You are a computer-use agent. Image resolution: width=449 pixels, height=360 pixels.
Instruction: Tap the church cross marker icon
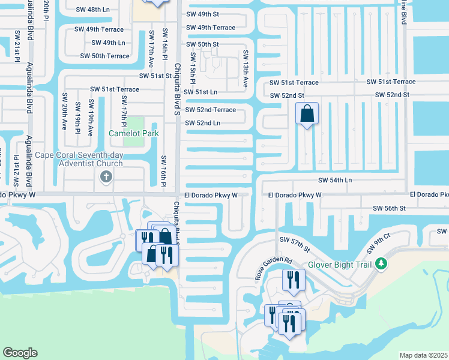point(106,176)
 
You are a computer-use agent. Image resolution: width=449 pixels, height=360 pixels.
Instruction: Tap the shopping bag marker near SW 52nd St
point(307,113)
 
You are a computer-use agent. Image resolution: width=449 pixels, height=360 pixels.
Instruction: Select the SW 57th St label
point(294,244)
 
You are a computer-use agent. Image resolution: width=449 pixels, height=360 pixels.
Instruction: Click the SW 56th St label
point(390,208)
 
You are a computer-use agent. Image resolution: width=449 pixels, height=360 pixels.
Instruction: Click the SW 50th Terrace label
point(105,56)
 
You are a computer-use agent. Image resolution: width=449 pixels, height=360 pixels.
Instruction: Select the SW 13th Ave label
point(246,68)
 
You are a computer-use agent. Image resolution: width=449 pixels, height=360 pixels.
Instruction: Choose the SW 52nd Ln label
point(202,123)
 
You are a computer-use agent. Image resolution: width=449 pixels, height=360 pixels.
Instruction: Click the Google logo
point(20,353)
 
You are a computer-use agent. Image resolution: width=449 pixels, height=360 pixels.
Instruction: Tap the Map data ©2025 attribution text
point(424,355)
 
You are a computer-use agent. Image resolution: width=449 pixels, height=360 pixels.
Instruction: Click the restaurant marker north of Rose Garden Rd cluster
point(294,280)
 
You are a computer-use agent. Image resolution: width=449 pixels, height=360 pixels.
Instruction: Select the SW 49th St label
point(202,14)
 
